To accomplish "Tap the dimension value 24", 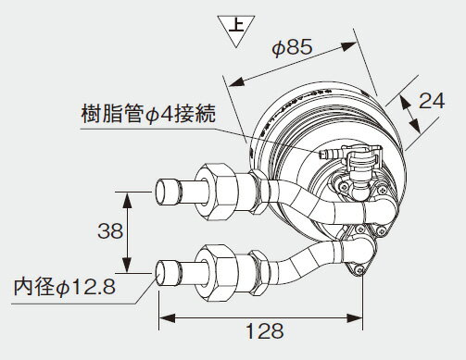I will click(427, 103).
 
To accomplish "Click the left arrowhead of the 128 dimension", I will click(165, 317).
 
